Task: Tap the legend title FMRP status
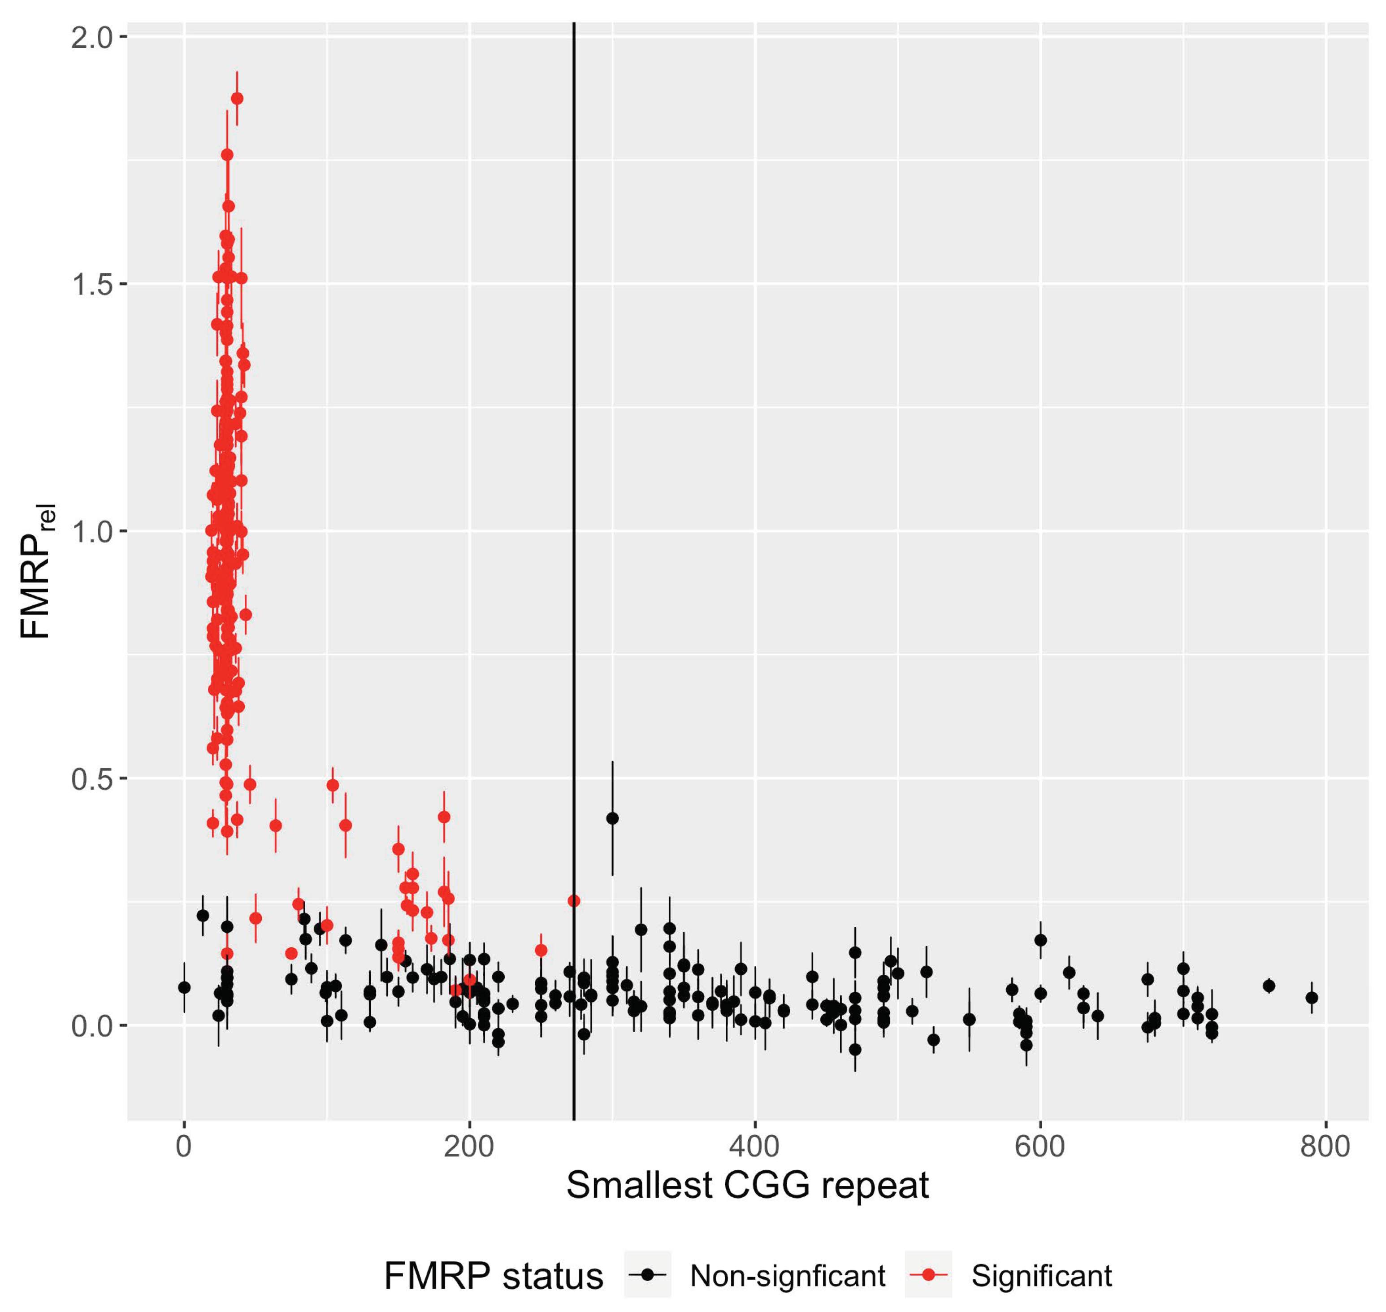click(493, 1276)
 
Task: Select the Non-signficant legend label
click(788, 1276)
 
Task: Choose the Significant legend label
click(1041, 1276)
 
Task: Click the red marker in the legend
click(928, 1274)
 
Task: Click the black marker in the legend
click(648, 1274)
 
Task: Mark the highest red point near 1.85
click(237, 99)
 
